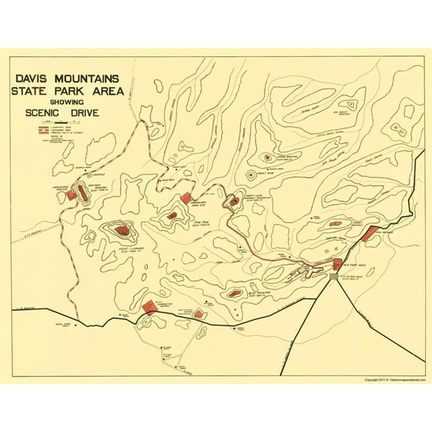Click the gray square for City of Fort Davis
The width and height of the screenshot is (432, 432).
pyautogui.click(x=334, y=277)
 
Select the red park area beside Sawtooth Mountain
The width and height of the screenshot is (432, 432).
pyautogui.click(x=71, y=194)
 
